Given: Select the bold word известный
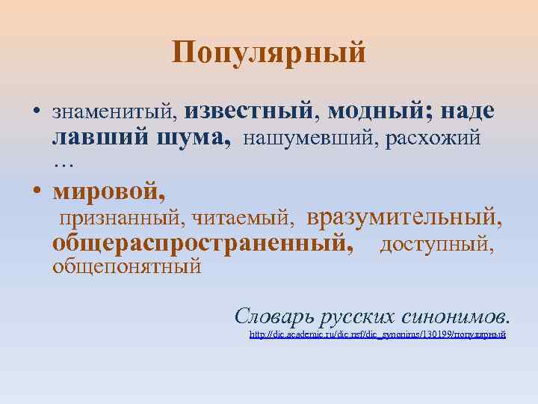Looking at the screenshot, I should pos(249,110).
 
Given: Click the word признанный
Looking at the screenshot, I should pos(122,218).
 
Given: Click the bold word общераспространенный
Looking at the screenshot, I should pos(202,243).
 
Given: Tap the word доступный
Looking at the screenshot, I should pos(436,244).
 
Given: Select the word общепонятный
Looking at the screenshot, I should pos(126,266).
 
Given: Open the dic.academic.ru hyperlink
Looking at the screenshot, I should pos(377,334).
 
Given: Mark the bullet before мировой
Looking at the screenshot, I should pos(36,192).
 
